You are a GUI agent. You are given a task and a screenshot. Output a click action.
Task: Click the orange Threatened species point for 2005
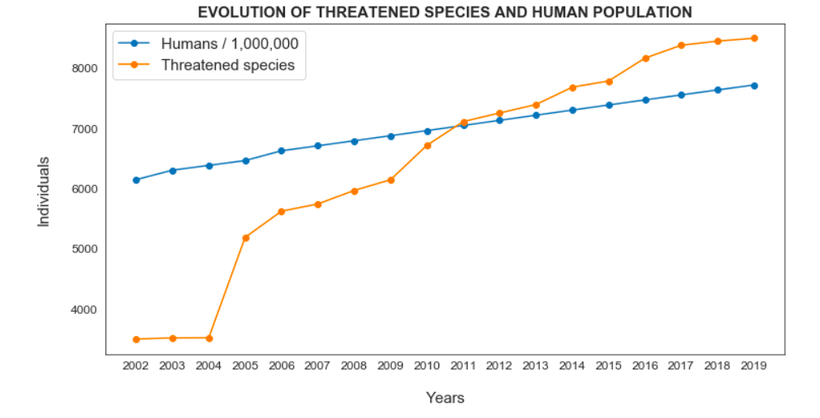tap(245, 238)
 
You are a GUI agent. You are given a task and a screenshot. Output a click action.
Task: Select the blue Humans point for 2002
tap(136, 180)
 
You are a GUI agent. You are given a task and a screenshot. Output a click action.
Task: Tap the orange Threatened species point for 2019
tap(754, 38)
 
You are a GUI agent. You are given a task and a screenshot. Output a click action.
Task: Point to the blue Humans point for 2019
tap(754, 85)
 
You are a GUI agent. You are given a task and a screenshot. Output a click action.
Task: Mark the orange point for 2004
tap(209, 338)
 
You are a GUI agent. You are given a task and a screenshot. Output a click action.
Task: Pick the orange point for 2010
tap(427, 145)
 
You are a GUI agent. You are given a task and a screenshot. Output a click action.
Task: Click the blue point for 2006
tap(282, 151)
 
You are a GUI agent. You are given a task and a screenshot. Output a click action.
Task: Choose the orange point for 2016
tap(645, 58)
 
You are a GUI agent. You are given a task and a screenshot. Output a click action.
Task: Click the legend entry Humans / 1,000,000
tap(235, 43)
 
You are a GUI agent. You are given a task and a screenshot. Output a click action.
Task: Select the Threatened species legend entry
tap(227, 65)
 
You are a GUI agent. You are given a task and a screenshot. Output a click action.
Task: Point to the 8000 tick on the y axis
tap(87, 68)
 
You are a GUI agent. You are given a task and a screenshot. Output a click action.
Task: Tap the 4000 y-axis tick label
tap(87, 309)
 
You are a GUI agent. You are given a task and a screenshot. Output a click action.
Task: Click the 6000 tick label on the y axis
tap(87, 189)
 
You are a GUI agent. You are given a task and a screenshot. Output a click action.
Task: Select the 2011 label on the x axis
tap(464, 367)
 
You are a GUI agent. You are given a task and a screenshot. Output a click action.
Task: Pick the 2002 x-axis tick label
tap(136, 367)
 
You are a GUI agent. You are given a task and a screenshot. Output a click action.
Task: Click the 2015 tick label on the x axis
tap(609, 367)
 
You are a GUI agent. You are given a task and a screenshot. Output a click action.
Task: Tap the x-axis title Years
tap(445, 398)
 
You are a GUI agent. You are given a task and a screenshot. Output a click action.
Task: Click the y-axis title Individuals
tap(44, 192)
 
